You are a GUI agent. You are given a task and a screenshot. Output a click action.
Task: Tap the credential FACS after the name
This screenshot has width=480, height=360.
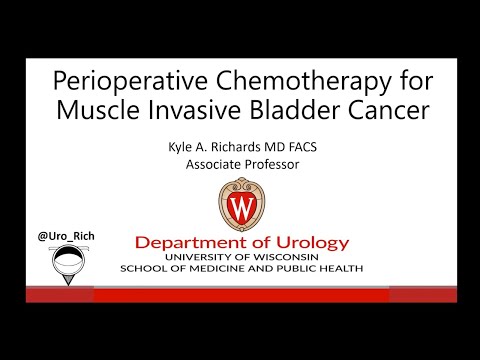click(312, 147)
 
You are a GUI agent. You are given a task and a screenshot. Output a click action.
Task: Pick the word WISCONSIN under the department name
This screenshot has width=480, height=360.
click(290, 257)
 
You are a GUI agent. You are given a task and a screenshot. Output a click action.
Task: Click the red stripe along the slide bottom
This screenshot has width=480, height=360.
click(240, 294)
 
